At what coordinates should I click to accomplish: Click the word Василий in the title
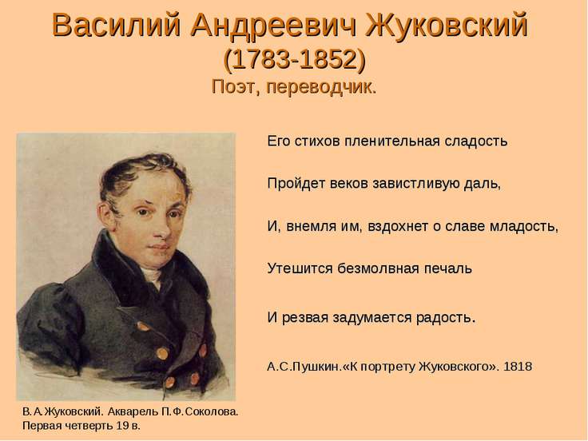[117, 25]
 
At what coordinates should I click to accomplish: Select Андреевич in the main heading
[274, 26]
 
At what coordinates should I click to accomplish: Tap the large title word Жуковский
[447, 25]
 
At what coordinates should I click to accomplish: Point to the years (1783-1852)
[294, 60]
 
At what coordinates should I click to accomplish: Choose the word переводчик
[321, 88]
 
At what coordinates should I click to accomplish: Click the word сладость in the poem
[476, 141]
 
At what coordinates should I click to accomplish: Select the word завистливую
[413, 184]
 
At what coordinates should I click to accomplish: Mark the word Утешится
[300, 268]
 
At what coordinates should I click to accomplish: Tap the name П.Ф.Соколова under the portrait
[201, 411]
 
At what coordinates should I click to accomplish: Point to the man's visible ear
[106, 217]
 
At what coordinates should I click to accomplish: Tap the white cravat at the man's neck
[152, 276]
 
